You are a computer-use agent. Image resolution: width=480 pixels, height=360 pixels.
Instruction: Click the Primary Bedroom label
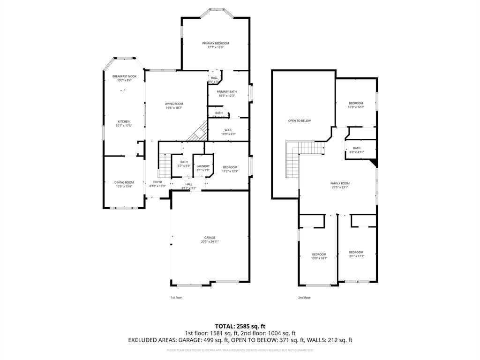216,43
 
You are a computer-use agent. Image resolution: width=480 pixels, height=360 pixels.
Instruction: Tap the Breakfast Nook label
124,76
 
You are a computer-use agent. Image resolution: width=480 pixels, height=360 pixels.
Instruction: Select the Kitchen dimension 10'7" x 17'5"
124,126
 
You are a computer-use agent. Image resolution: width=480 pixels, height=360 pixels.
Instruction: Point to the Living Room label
173,104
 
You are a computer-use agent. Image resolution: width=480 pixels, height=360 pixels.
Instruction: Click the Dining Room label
124,182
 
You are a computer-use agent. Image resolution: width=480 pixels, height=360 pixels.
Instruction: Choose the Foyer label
157,182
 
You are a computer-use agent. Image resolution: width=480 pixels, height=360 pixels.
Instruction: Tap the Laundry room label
203,166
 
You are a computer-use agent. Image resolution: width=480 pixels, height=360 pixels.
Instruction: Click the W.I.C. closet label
228,130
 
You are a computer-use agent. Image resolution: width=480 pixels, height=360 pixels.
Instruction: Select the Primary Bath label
226,91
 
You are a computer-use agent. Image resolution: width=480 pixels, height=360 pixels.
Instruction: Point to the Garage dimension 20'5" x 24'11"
210,242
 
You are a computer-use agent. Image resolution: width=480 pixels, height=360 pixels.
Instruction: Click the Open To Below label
299,120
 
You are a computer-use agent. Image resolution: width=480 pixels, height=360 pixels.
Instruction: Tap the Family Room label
340,183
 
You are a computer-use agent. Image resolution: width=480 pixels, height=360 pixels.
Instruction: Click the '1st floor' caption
176,297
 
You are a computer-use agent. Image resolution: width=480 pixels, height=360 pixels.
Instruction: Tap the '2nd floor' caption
304,297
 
